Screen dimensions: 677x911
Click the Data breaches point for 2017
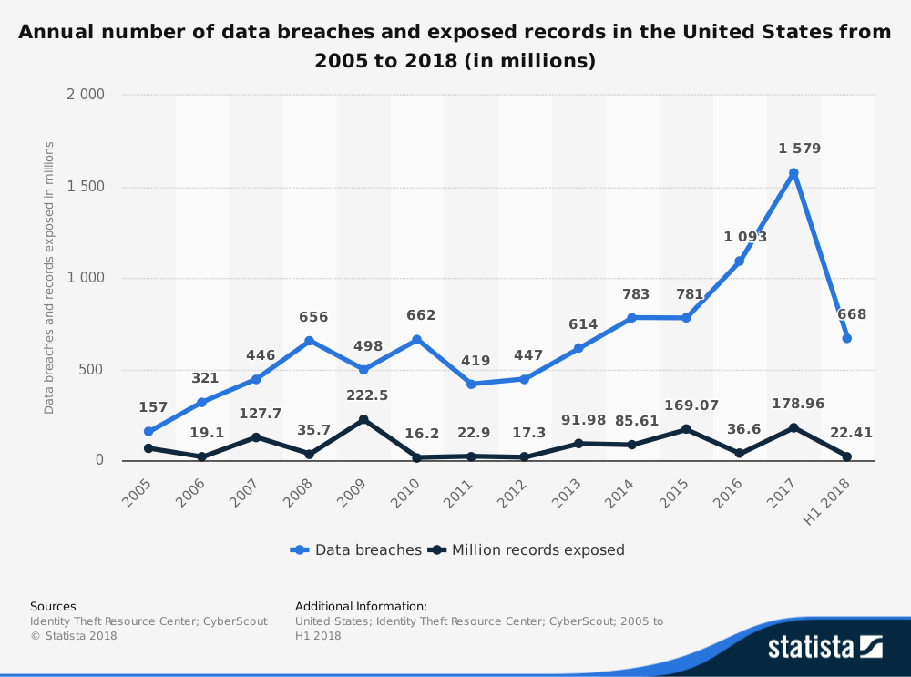(793, 173)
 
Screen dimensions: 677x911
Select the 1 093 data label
(745, 237)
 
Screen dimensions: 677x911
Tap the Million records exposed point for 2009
(363, 420)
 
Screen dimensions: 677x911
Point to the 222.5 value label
(367, 395)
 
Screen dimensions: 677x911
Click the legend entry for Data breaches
(356, 549)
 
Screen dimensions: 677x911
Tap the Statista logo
(824, 647)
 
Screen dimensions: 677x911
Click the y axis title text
(49, 278)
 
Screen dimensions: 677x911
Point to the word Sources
(53, 606)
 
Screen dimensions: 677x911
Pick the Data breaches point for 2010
(417, 340)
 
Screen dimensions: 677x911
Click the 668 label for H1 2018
(852, 314)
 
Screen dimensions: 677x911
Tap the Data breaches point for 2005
(148, 432)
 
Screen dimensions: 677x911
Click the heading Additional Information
(361, 606)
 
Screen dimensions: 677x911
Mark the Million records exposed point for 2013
(578, 444)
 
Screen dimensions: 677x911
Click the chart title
(455, 46)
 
